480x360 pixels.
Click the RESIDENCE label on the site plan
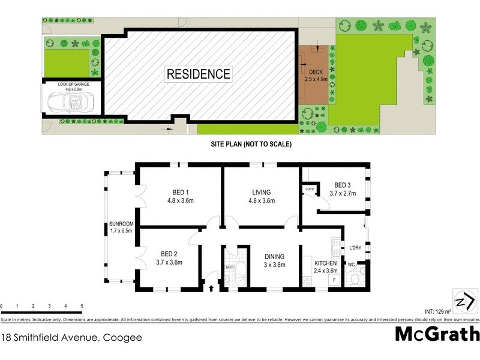pyautogui.click(x=198, y=74)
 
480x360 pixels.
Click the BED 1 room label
pyautogui.click(x=179, y=197)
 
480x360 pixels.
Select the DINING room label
pyautogui.click(x=275, y=260)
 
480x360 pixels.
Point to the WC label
pyautogui.click(x=351, y=263)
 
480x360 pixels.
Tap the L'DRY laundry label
pyautogui.click(x=354, y=247)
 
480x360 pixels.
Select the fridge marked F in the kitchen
pyautogui.click(x=334, y=280)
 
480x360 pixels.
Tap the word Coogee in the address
pyautogui.click(x=122, y=337)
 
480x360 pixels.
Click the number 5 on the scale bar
pyautogui.click(x=82, y=307)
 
